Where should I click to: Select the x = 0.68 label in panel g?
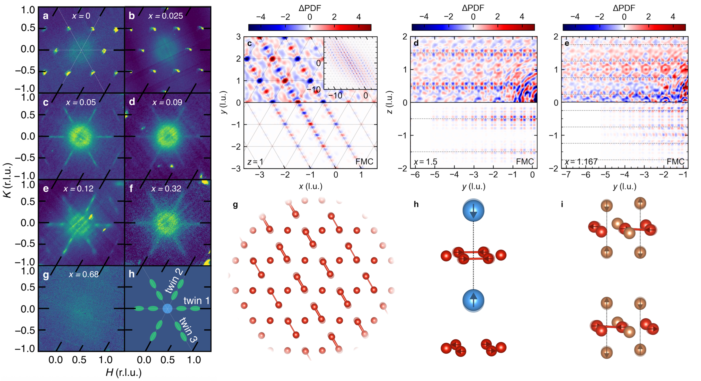click(84, 274)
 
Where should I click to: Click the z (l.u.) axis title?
click(390, 102)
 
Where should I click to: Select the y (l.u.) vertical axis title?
click(224, 102)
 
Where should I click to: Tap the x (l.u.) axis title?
click(311, 186)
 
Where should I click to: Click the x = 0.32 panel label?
click(166, 189)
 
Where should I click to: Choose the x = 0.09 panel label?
click(167, 102)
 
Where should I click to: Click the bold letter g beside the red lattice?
click(235, 205)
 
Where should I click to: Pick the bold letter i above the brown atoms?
click(562, 204)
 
